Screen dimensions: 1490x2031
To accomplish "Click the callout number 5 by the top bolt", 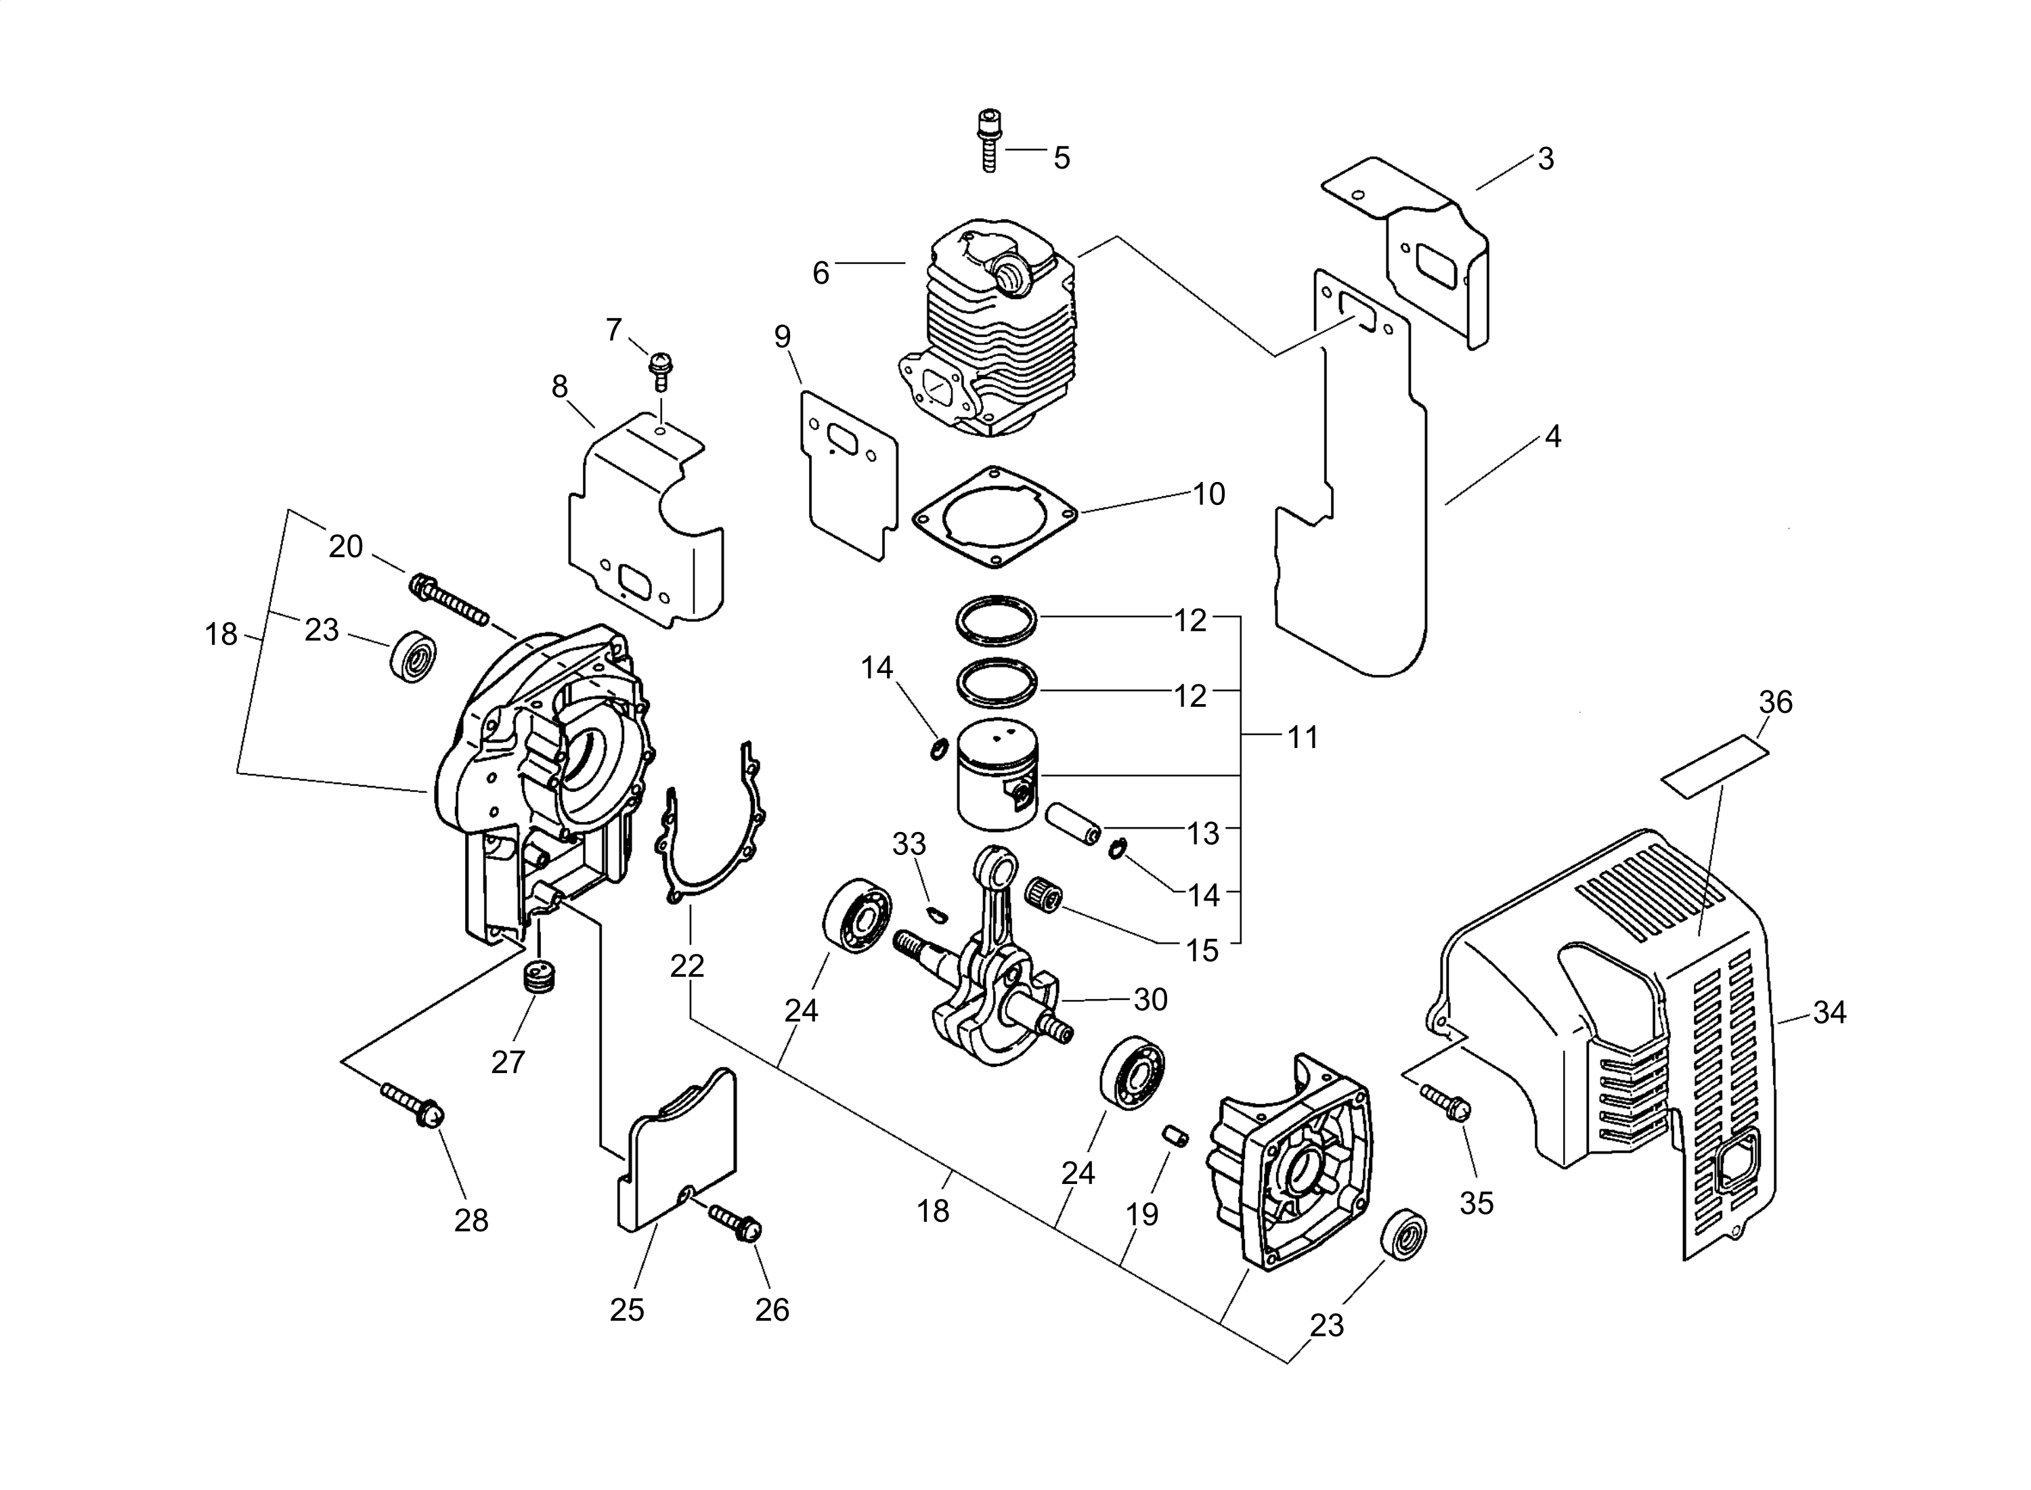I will (x=1062, y=158).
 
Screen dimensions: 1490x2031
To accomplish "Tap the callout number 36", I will (x=1776, y=702).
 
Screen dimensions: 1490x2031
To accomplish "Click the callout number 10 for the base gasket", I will (x=1208, y=494).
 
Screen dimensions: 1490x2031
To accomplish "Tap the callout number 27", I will (x=508, y=1061).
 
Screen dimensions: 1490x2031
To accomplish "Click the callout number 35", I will (x=1477, y=1202).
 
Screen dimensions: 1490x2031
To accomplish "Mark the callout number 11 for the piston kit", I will (x=1303, y=738).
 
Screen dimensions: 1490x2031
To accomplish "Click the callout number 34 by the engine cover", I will (x=1829, y=1013).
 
